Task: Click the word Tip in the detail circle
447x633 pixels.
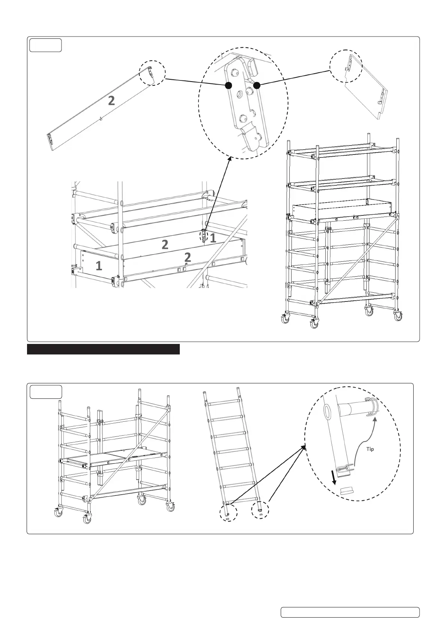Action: [370, 449]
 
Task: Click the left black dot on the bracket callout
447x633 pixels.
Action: [227, 86]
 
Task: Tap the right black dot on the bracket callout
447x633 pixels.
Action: [257, 86]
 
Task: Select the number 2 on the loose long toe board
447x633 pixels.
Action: [111, 101]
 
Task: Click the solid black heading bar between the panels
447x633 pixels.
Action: [104, 349]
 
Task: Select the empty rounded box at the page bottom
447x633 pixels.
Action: [350, 612]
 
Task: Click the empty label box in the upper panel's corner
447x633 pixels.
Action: [46, 45]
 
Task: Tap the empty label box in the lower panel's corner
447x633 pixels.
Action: [46, 392]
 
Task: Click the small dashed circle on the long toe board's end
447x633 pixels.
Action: [152, 73]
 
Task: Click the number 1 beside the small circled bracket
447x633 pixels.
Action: [212, 238]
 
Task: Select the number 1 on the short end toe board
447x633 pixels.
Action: [99, 266]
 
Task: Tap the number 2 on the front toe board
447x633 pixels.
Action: [188, 257]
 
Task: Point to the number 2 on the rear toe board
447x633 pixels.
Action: [165, 245]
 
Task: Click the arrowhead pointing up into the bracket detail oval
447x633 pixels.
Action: [229, 161]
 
